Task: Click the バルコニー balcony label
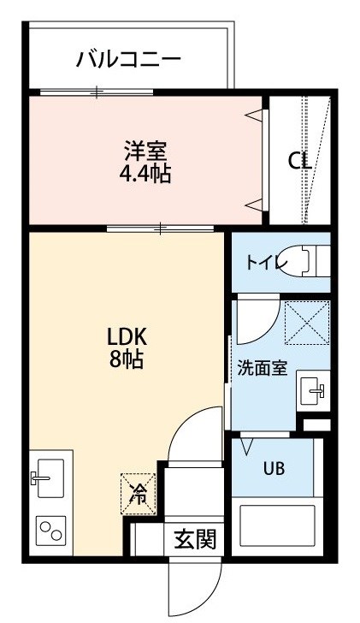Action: click(128, 59)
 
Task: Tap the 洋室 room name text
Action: click(145, 151)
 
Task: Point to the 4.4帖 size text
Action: click(145, 173)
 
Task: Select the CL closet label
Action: click(299, 161)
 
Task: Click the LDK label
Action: click(127, 337)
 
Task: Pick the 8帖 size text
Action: click(127, 359)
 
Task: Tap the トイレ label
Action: click(266, 263)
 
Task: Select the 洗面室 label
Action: click(262, 368)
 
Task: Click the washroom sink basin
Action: click(313, 390)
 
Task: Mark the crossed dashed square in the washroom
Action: click(308, 323)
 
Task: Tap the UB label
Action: click(274, 468)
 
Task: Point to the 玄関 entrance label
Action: click(195, 539)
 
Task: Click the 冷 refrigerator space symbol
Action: click(139, 494)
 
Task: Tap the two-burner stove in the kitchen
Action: click(50, 531)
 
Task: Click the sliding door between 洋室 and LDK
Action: click(161, 228)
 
